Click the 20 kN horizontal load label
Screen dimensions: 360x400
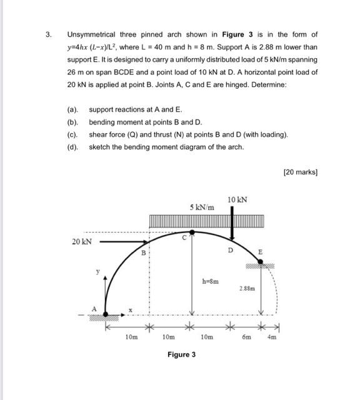[82, 241]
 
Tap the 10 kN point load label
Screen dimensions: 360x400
[237, 199]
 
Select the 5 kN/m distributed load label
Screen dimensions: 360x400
[201, 206]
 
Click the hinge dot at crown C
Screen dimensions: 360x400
[192, 232]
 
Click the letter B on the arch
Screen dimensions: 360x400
[142, 253]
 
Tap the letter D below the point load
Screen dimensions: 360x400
[230, 250]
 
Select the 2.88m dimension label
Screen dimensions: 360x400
[247, 288]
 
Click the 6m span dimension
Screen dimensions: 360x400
[246, 336]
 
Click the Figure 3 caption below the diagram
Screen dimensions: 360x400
[181, 354]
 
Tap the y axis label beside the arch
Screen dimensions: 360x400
[97, 272]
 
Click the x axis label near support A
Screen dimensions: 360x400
[130, 309]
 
